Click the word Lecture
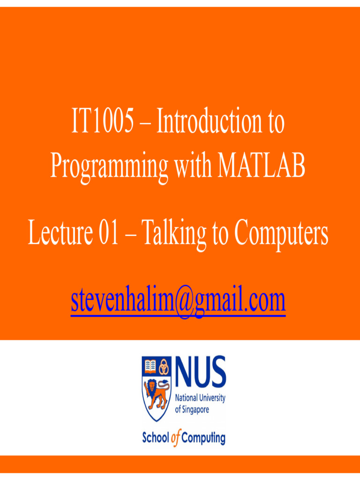[x=58, y=234]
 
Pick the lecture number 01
[x=108, y=234]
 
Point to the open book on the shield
[x=150, y=366]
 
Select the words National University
[x=200, y=398]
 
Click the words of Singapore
[x=192, y=409]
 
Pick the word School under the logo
[x=156, y=438]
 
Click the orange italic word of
[x=175, y=439]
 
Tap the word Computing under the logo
[x=203, y=439]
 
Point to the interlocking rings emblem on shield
[x=164, y=366]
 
